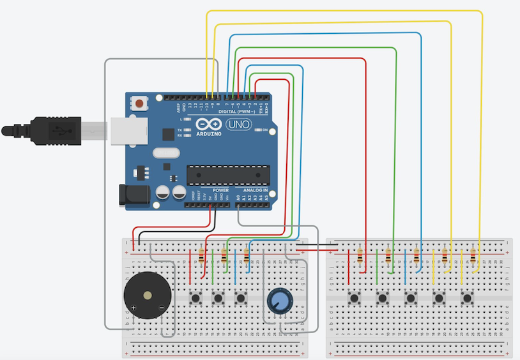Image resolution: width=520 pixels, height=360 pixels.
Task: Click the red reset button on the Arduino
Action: (139, 102)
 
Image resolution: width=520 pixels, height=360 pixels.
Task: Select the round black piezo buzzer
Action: (148, 296)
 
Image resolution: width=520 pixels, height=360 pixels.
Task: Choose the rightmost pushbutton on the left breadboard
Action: (241, 297)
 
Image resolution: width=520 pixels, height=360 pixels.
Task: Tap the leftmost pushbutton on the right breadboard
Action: (354, 297)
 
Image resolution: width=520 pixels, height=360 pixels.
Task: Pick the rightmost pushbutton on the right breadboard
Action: (468, 297)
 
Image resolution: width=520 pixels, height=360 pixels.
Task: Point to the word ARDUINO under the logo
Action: (209, 134)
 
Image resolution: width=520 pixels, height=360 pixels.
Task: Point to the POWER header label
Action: (220, 190)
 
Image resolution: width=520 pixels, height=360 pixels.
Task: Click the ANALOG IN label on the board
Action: (256, 190)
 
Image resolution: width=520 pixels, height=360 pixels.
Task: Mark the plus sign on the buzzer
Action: (134, 308)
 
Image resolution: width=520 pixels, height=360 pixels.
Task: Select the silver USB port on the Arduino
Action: (128, 130)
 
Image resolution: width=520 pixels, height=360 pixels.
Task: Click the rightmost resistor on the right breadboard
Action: (473, 256)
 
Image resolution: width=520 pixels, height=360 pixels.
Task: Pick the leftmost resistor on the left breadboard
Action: (202, 256)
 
